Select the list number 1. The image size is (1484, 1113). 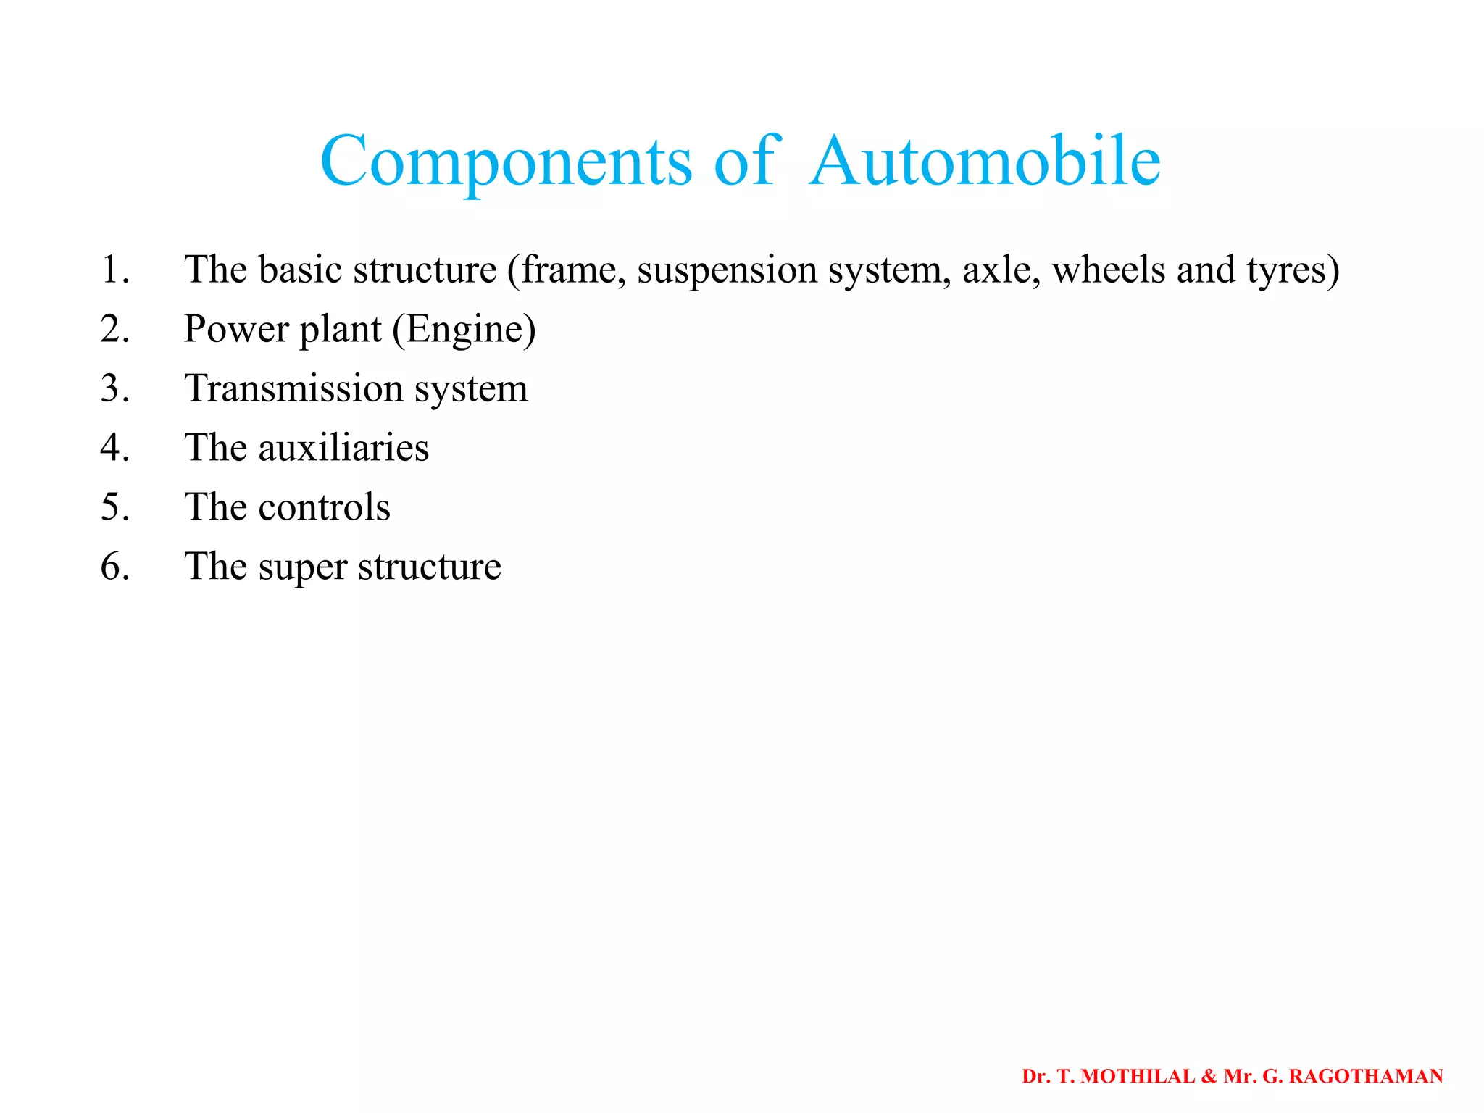[114, 270]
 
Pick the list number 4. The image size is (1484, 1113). [114, 448]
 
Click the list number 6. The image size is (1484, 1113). [114, 567]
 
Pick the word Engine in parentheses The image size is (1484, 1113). [464, 330]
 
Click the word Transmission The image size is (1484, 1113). [294, 388]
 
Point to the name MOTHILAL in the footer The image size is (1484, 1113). [1138, 1077]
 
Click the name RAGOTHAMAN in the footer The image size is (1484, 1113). [1366, 1077]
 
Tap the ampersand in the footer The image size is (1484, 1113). [1209, 1077]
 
